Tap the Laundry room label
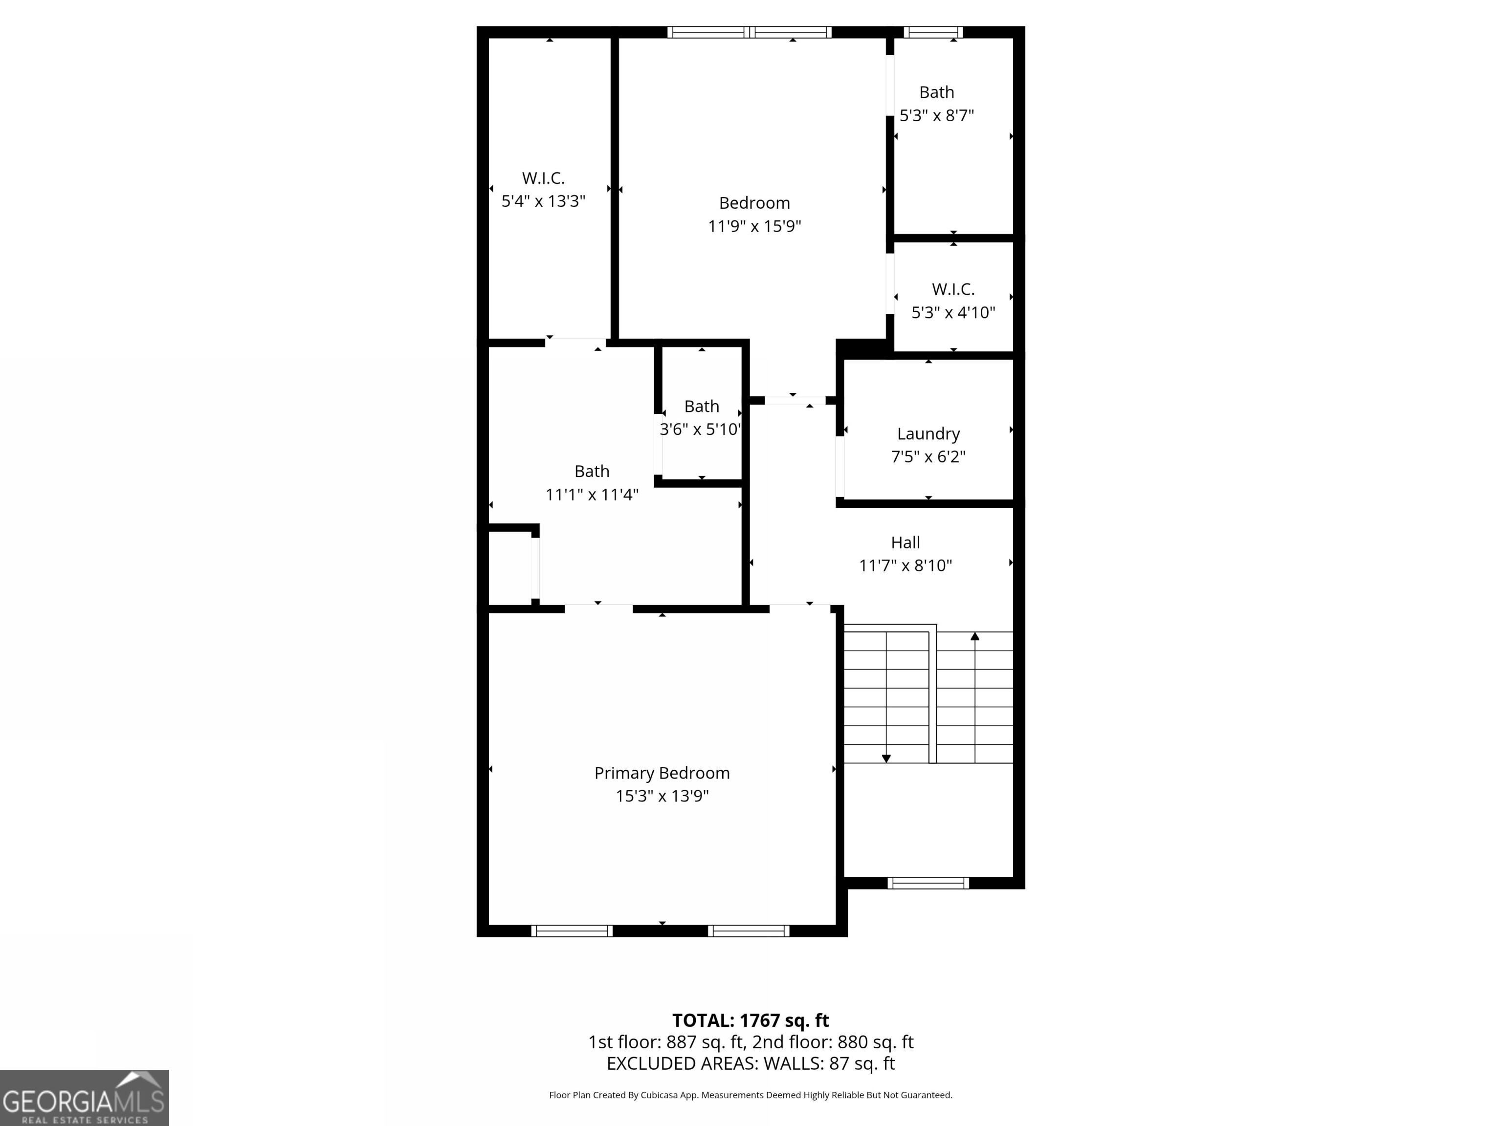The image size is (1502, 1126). (x=928, y=433)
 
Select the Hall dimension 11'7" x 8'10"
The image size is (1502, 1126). (x=905, y=565)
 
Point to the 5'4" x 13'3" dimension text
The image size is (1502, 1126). (x=543, y=201)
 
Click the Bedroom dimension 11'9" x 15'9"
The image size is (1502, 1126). (x=754, y=226)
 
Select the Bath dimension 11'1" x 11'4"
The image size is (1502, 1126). (x=592, y=495)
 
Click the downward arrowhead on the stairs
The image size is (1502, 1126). (x=886, y=758)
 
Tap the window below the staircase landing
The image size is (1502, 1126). (x=928, y=882)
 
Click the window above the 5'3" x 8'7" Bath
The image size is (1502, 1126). (x=933, y=32)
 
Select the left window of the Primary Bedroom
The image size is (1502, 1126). (x=572, y=931)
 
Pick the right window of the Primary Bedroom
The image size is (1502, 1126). (x=748, y=931)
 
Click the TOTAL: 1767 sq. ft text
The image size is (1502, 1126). (x=751, y=1020)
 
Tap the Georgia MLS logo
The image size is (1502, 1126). (x=84, y=1098)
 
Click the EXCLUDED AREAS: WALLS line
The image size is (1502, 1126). (x=751, y=1063)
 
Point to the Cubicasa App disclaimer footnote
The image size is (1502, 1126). (x=751, y=1095)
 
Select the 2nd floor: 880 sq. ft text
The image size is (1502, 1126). (x=833, y=1042)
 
